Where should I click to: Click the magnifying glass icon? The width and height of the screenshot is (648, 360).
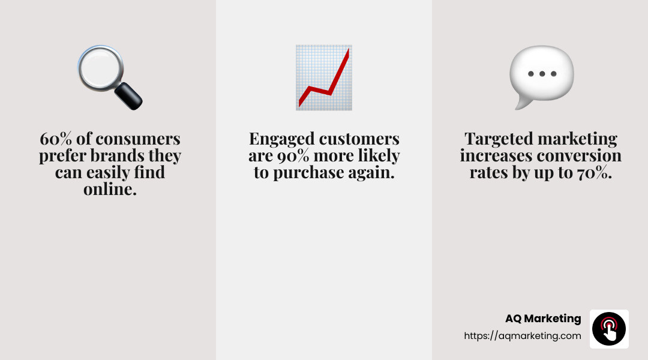pos(102,71)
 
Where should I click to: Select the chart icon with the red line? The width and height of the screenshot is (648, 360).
pos(324,77)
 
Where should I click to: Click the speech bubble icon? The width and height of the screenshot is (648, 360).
pos(541,77)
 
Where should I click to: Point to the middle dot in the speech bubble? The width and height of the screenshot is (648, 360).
pos(541,74)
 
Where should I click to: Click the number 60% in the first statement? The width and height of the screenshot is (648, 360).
pos(55,139)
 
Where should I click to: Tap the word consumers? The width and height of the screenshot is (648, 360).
pos(138,139)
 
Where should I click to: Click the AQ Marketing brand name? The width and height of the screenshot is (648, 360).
pos(543,319)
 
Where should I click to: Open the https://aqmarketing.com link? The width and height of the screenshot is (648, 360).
pos(523,336)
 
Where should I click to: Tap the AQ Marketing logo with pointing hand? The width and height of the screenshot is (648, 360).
pos(609,329)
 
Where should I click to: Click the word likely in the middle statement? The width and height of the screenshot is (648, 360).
pos(378,157)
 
